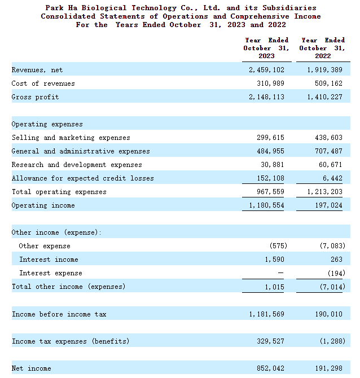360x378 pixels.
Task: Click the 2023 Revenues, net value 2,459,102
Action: click(x=266, y=70)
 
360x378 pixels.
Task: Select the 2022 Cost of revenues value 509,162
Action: click(x=328, y=83)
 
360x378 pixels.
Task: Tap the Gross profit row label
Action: click(x=35, y=97)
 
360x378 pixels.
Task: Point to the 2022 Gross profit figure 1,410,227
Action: click(x=324, y=97)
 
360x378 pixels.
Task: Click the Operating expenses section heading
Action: click(x=47, y=124)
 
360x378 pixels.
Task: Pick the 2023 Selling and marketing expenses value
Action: click(x=270, y=138)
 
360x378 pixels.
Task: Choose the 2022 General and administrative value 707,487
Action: click(x=328, y=151)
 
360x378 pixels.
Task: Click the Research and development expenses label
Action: click(x=77, y=165)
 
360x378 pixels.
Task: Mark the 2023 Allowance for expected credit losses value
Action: click(x=270, y=178)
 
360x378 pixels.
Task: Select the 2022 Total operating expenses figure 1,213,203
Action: click(x=324, y=192)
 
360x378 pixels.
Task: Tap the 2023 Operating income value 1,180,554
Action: click(x=266, y=205)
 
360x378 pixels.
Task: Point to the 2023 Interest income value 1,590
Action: click(x=274, y=260)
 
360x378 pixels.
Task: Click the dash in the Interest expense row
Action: click(x=280, y=273)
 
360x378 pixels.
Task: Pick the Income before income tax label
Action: click(x=59, y=314)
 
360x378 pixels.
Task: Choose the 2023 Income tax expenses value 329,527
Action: click(x=270, y=341)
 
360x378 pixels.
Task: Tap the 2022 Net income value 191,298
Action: click(x=328, y=368)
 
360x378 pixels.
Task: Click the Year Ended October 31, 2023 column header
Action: click(x=266, y=48)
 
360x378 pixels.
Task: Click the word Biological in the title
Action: click(x=104, y=8)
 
